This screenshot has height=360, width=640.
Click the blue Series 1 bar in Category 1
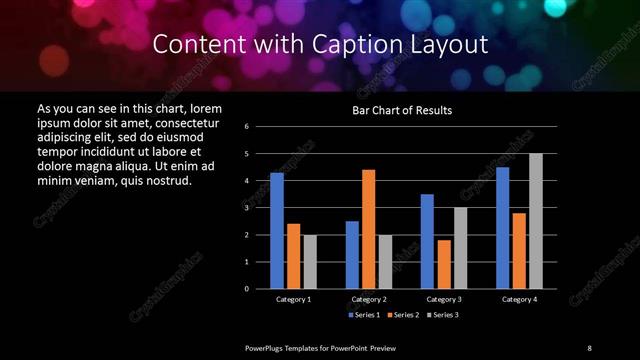click(277, 231)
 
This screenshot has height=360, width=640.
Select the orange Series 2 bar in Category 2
click(368, 229)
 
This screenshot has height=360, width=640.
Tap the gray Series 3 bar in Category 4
click(535, 221)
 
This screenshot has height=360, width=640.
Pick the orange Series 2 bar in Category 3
click(443, 264)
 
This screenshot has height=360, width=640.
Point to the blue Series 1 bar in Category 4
click(502, 228)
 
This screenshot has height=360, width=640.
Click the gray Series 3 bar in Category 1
click(310, 262)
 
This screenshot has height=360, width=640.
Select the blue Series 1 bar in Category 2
click(352, 255)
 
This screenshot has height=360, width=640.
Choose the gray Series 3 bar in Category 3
click(460, 248)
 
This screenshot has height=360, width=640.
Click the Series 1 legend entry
click(363, 315)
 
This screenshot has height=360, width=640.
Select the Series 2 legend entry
click(401, 315)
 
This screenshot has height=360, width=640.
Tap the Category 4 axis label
click(518, 299)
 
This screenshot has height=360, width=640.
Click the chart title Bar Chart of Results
click(401, 110)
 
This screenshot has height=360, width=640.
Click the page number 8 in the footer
click(589, 347)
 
